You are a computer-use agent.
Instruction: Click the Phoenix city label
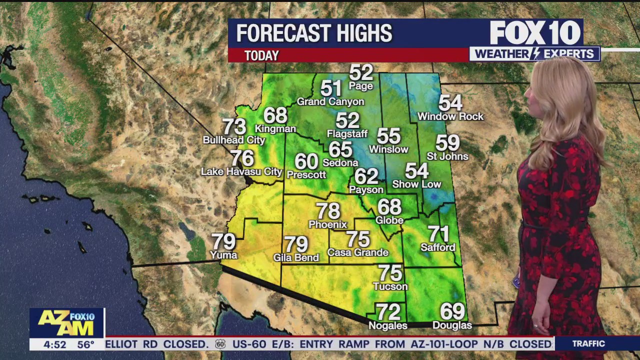point(327,224)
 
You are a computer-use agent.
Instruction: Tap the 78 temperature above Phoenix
point(327,211)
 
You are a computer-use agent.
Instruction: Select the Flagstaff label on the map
point(347,133)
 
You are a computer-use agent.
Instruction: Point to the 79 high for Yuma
point(223,241)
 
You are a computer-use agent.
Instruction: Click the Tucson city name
point(390,286)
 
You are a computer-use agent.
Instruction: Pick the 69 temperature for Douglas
point(452,311)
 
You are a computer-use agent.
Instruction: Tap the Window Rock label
point(450,116)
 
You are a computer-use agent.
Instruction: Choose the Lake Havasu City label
point(241,171)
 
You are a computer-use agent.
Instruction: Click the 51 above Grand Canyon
point(330,88)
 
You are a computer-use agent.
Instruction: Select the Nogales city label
point(387,325)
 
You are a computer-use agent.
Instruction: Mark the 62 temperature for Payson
point(366,176)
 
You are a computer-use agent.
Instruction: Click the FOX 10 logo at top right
point(535,33)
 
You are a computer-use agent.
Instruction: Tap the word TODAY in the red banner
point(261,55)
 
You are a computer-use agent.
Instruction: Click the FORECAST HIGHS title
point(314,33)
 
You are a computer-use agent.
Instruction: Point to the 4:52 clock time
point(55,344)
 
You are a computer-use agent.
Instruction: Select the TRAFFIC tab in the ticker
point(588,343)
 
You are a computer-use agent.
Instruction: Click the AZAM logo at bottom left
point(66,322)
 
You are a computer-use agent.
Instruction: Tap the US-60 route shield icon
point(220,344)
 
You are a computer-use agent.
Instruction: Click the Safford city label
point(438,247)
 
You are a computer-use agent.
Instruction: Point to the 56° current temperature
point(85,344)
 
